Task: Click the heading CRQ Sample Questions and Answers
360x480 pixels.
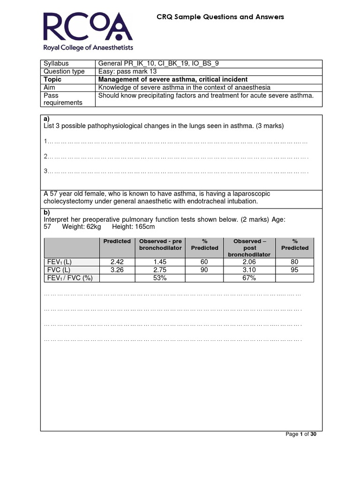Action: point(220,17)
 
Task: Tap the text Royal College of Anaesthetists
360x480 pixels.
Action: point(88,47)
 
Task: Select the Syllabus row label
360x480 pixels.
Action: point(56,63)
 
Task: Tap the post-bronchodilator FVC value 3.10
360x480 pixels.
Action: point(249,270)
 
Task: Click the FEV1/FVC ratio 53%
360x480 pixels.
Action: point(160,278)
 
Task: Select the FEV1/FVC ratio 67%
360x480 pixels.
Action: point(249,278)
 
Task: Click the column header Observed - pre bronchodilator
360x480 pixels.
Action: point(160,244)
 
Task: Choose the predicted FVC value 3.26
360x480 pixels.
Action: point(117,270)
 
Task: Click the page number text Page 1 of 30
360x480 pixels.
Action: point(301,434)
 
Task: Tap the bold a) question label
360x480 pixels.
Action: point(46,119)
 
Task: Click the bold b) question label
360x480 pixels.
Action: point(46,212)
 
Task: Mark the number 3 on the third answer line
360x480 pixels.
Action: point(45,171)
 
